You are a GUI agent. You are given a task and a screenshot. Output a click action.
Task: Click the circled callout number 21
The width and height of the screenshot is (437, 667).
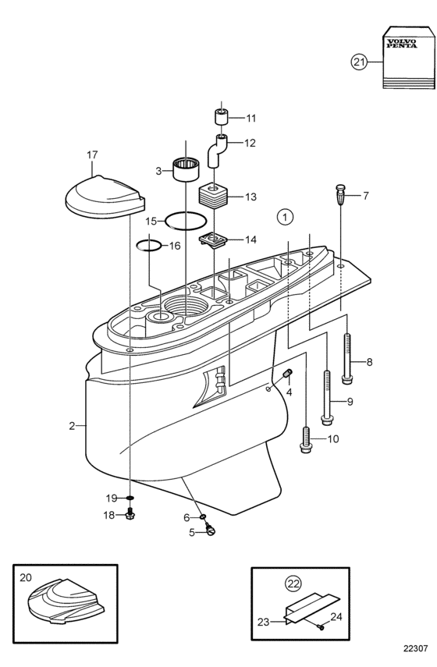359,62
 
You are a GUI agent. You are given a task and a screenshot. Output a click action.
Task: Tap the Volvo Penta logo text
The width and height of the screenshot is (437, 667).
402,44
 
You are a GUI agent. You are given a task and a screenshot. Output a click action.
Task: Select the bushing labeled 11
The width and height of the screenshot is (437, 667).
222,116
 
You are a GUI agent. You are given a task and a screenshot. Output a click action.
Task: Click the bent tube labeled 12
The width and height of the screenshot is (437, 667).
217,151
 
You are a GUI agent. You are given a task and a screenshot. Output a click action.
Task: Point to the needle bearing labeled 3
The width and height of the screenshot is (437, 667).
187,170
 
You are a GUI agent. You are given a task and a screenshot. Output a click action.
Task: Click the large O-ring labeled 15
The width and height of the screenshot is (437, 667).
186,222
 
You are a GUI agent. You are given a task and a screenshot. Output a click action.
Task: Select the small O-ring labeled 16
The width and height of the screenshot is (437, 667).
148,246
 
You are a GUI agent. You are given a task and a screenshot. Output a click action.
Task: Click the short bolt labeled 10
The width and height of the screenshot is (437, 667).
306,438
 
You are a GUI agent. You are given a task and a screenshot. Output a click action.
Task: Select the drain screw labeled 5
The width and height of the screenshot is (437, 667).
210,530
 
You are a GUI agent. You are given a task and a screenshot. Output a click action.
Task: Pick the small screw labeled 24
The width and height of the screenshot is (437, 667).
320,626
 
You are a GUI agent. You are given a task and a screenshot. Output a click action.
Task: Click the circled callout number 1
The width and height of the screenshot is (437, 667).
285,218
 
